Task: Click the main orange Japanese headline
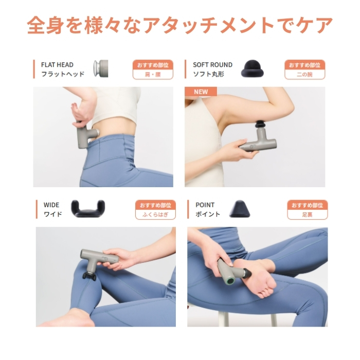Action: click(179, 25)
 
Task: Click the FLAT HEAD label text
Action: click(57, 65)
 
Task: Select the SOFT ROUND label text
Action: click(212, 65)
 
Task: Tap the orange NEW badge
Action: click(201, 92)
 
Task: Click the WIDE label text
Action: click(51, 205)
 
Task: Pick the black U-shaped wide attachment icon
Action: click(87, 208)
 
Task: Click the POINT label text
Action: click(205, 205)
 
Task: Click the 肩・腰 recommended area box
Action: click(153, 75)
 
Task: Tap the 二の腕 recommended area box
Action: click(304, 75)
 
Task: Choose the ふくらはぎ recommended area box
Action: click(155, 214)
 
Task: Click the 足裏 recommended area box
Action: click(307, 214)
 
